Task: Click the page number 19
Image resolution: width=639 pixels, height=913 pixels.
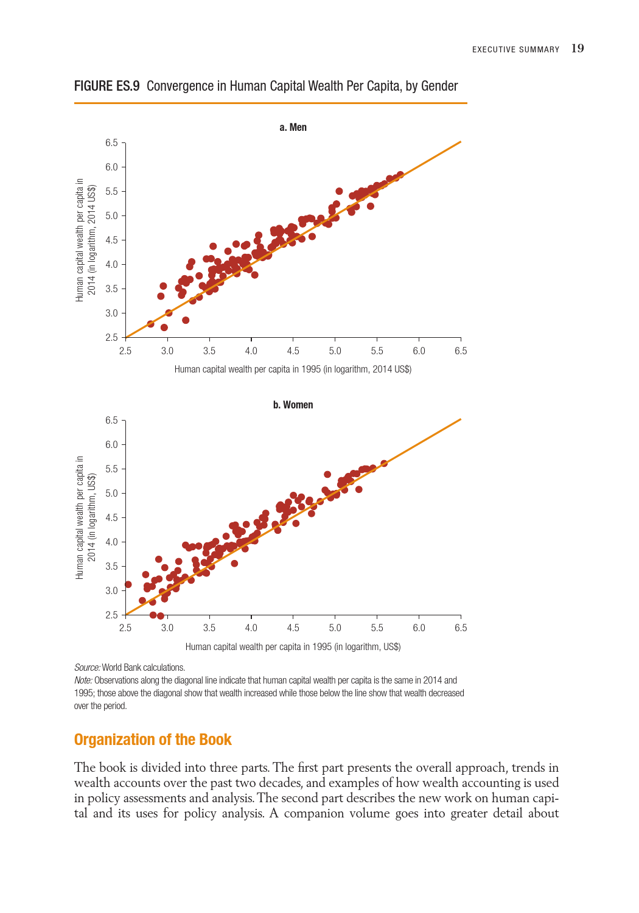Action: click(578, 49)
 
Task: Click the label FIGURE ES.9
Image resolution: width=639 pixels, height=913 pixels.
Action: click(107, 86)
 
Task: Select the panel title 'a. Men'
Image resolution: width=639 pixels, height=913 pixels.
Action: click(293, 127)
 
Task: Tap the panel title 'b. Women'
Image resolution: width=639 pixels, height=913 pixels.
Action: click(293, 405)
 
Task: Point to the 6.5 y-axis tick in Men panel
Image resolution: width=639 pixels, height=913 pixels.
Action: click(111, 143)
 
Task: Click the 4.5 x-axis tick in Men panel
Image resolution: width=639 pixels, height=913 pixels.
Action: click(293, 351)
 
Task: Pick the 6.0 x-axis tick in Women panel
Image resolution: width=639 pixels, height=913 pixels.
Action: click(419, 628)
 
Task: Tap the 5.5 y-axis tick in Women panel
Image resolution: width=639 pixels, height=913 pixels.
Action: click(111, 469)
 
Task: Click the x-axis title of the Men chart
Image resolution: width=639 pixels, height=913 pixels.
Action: click(293, 369)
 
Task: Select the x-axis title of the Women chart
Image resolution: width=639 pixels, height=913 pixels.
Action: click(293, 647)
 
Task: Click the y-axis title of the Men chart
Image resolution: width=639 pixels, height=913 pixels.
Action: click(86, 240)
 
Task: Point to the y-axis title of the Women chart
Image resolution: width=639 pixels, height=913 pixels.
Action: click(86, 517)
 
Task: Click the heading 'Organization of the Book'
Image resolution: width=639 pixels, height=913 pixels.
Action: click(153, 740)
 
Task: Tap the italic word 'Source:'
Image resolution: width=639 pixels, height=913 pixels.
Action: click(87, 668)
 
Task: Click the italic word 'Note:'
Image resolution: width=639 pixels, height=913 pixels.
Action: click(83, 680)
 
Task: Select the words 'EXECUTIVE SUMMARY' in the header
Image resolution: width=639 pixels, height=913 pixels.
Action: click(515, 50)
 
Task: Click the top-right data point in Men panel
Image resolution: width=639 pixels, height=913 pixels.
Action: click(400, 175)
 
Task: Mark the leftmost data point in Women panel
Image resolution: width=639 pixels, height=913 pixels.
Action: click(128, 584)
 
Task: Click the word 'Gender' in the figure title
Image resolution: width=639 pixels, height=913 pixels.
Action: click(439, 86)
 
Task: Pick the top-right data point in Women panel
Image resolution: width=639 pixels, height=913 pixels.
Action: click(384, 464)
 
